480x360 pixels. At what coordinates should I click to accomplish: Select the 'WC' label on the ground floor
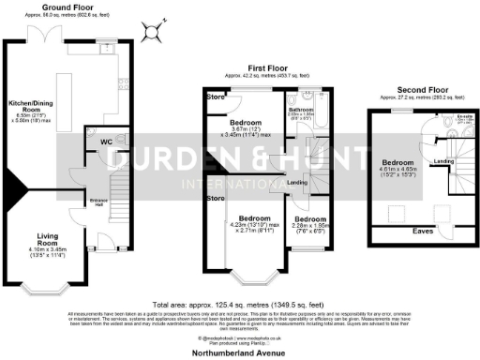(x=106, y=142)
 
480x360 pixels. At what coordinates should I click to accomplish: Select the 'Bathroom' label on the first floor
(x=304, y=108)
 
